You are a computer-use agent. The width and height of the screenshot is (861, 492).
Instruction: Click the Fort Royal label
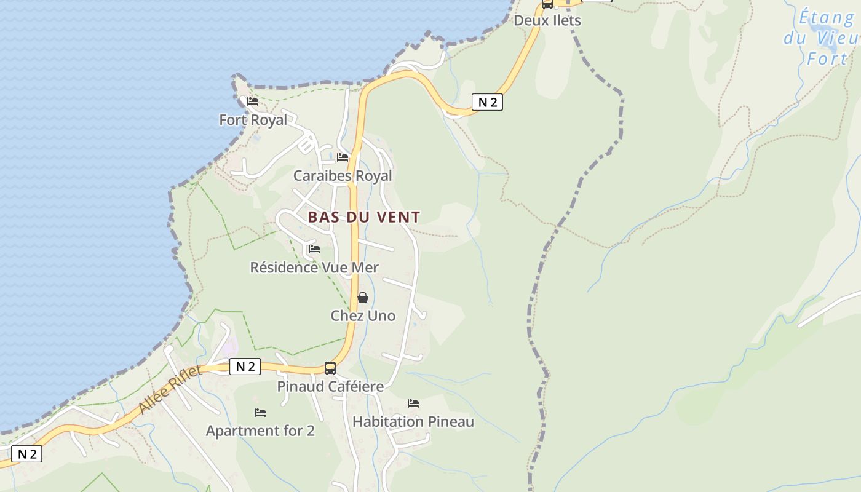[253, 120]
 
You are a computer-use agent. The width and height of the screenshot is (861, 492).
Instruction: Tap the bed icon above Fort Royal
[253, 101]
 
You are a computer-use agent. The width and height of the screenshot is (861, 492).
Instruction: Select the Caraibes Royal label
[342, 176]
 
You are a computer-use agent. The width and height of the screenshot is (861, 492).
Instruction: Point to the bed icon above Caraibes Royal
[343, 158]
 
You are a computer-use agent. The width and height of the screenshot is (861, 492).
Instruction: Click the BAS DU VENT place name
[364, 217]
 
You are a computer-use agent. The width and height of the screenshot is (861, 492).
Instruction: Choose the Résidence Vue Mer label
[314, 268]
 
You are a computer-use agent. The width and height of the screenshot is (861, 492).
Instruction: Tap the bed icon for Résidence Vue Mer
[314, 249]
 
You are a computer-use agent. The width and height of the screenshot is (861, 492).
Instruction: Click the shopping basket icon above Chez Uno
[363, 298]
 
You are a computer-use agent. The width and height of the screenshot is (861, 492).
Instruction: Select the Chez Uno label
[363, 316]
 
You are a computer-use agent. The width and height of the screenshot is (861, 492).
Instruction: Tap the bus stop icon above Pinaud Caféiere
[330, 368]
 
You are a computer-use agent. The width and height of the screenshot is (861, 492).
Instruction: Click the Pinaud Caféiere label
[330, 387]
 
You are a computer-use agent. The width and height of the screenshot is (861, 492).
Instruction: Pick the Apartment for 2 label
[260, 431]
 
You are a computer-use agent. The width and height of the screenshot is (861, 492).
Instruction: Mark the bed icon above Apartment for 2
[260, 413]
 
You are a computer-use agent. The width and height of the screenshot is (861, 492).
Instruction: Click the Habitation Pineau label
[413, 422]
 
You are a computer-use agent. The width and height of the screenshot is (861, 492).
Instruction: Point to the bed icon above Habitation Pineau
[413, 403]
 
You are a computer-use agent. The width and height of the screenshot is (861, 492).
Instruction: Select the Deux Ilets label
[547, 20]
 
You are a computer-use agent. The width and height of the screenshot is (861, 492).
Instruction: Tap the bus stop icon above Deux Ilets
[547, 4]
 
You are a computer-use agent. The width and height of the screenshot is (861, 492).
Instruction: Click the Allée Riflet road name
[170, 389]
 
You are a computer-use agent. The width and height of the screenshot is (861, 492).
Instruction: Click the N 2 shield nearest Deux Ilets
[487, 103]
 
